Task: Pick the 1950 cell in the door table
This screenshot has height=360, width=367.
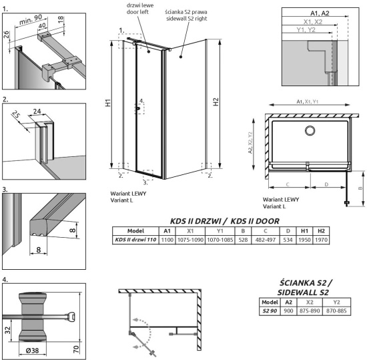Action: click(304, 240)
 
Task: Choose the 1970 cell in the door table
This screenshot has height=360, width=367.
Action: click(322, 240)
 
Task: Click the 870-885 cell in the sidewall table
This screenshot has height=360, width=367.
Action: click(341, 312)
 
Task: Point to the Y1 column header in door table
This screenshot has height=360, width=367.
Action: click(214, 230)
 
